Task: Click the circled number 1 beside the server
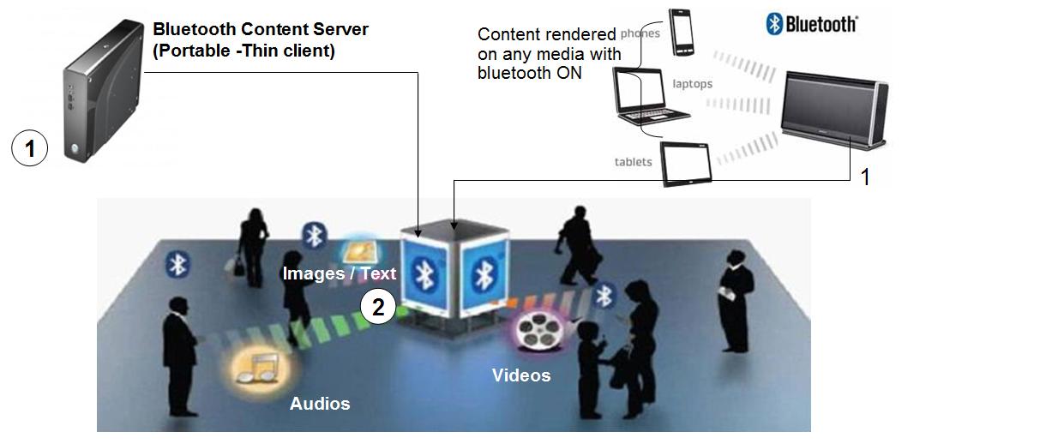click(30, 149)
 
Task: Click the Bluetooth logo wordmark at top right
click(811, 23)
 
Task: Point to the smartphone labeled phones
click(682, 33)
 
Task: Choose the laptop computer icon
click(650, 96)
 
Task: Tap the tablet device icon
click(687, 164)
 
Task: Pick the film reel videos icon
click(536, 333)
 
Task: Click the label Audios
click(320, 403)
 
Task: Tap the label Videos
click(521, 375)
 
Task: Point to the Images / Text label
click(340, 273)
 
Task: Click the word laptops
click(693, 84)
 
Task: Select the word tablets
click(633, 162)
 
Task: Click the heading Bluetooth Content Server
click(261, 29)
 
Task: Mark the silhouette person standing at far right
click(736, 300)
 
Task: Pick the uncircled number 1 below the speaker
click(865, 177)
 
